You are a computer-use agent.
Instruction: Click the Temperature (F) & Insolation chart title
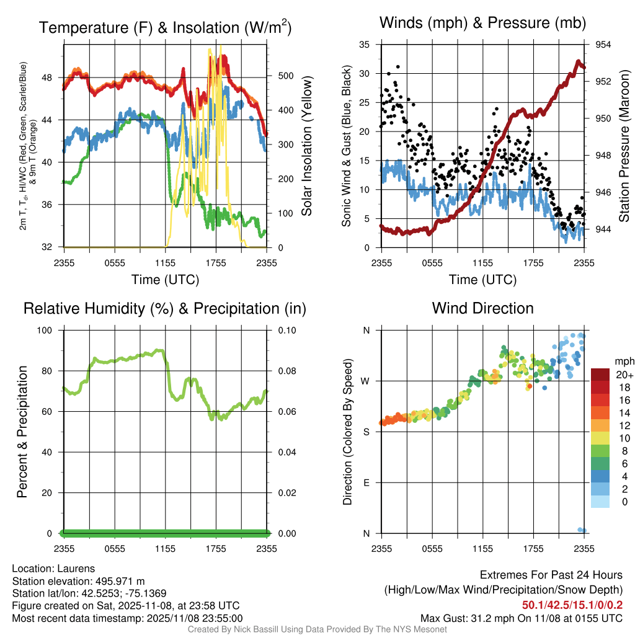pyautogui.click(x=166, y=28)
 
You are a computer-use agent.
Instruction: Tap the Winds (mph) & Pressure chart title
pyautogui.click(x=483, y=24)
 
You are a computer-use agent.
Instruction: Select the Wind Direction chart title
pyautogui.click(x=482, y=308)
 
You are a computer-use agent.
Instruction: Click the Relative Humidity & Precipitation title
pyautogui.click(x=165, y=308)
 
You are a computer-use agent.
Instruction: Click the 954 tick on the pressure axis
pyautogui.click(x=603, y=45)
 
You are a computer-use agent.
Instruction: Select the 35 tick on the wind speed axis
pyautogui.click(x=365, y=45)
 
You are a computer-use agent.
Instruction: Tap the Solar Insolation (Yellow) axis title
pyautogui.click(x=307, y=146)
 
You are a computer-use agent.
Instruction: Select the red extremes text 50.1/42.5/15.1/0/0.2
pyautogui.click(x=572, y=605)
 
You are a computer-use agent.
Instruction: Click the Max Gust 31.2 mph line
pyautogui.click(x=521, y=618)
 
